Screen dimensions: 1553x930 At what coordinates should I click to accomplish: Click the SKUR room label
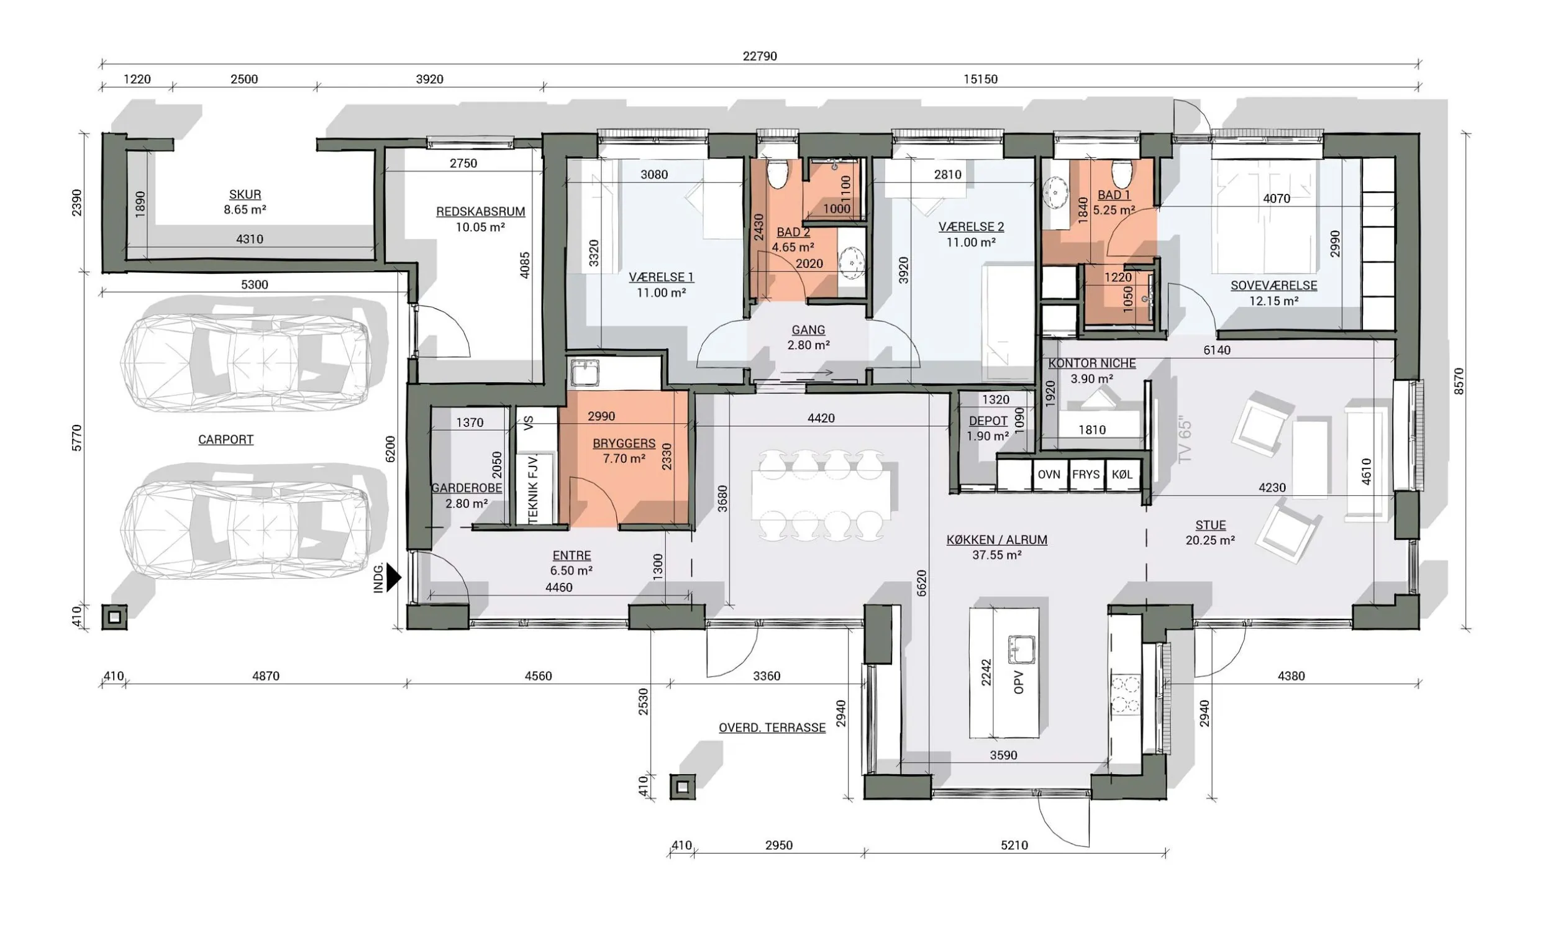coord(245,194)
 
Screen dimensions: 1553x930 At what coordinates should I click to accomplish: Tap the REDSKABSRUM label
coord(480,212)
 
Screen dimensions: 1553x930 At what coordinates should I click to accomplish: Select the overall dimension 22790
coord(760,56)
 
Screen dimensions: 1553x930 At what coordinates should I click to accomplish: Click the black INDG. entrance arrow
coord(393,577)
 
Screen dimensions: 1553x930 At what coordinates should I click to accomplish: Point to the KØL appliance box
coord(1122,475)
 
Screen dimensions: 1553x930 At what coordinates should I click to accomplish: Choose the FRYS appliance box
coord(1086,475)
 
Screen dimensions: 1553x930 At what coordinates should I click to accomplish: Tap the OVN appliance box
coord(1049,475)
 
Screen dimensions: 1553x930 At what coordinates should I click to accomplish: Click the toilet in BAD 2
coord(778,173)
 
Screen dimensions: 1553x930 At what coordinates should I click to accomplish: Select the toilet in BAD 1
coord(1121,173)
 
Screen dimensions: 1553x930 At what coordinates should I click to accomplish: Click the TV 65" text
coord(1185,439)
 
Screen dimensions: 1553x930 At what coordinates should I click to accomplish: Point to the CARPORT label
coord(225,439)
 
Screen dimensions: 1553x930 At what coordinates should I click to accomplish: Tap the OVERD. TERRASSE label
coord(772,727)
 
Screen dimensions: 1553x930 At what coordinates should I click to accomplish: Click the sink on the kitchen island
coord(1021,649)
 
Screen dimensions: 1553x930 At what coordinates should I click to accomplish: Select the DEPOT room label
coord(988,421)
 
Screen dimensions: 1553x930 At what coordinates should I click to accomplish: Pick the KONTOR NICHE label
coord(1092,363)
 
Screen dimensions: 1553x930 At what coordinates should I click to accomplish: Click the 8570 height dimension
coord(1459,381)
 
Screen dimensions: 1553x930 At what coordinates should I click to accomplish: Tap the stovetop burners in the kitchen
coord(1125,694)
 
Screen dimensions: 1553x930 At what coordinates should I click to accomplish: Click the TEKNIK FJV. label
coord(533,490)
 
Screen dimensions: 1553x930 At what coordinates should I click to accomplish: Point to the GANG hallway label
coord(808,330)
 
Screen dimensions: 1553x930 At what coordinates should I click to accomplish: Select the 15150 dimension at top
coord(980,79)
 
